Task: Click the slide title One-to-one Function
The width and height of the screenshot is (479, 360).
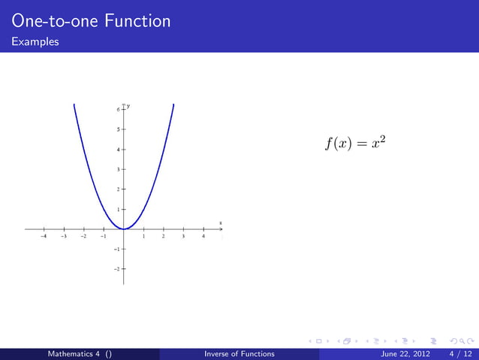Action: pos(91,21)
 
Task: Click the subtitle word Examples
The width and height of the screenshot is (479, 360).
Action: pos(35,42)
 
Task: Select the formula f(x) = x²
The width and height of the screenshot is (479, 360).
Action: pos(355,143)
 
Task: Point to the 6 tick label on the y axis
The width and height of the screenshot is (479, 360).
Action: pos(117,110)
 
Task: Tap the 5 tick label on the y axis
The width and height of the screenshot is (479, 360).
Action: pos(117,129)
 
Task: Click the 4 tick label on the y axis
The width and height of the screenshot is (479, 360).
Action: pos(117,150)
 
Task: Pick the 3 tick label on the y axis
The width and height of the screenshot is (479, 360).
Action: pos(117,169)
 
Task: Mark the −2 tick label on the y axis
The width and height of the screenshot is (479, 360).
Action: pos(116,268)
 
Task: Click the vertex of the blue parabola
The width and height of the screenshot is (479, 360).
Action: pos(124,228)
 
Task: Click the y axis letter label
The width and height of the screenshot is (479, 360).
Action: pos(128,106)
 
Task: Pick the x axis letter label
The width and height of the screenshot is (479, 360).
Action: pos(220,222)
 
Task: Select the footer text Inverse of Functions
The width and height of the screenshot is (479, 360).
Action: pos(239,354)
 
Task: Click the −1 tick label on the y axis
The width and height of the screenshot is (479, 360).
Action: pos(116,248)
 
